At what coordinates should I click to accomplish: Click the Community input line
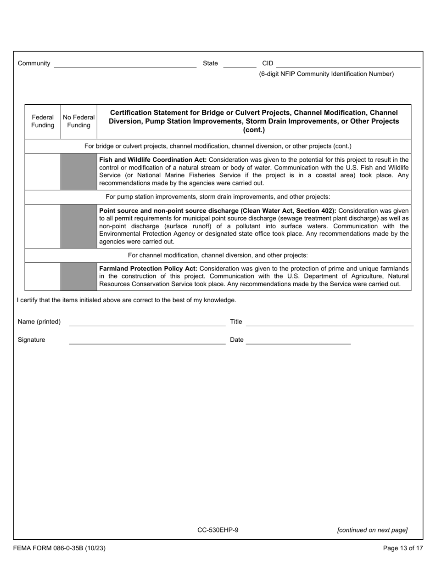[125, 64]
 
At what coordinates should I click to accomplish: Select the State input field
[239, 64]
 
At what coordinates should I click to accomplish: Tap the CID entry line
[348, 64]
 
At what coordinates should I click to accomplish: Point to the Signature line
[147, 340]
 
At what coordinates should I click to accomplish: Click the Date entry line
[298, 340]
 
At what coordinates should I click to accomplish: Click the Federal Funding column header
[43, 122]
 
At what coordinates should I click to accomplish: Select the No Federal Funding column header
[79, 122]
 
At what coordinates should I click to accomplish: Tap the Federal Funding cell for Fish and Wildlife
[43, 172]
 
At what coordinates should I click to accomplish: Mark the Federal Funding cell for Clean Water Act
[43, 226]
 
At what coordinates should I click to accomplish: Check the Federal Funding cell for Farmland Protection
[43, 277]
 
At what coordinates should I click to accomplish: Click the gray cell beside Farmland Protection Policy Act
[79, 277]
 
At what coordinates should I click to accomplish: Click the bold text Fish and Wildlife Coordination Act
[153, 160]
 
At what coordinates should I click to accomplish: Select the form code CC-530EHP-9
[218, 530]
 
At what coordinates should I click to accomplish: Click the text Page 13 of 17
[403, 548]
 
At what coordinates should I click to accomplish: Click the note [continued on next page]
[372, 530]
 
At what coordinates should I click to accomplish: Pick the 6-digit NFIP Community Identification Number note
[326, 74]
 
